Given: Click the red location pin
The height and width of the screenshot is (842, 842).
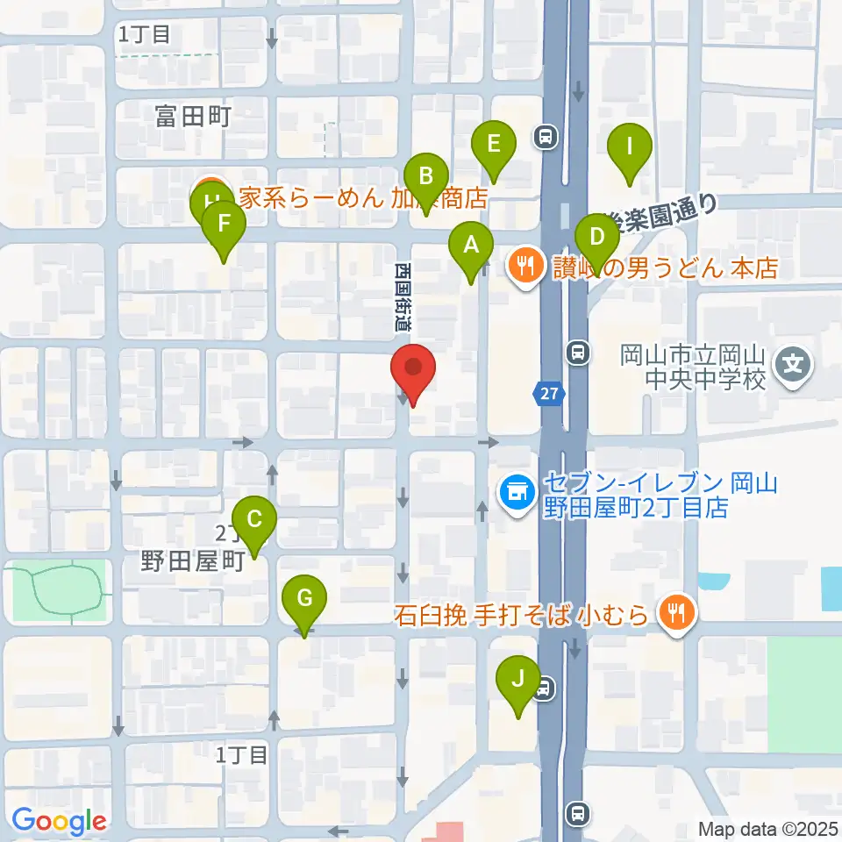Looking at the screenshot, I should coord(412,370).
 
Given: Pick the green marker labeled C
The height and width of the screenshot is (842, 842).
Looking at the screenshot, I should coord(254,520).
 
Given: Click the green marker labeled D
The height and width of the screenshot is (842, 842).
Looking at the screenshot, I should coord(597,238).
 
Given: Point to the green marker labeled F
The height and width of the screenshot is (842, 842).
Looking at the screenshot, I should coord(224,225).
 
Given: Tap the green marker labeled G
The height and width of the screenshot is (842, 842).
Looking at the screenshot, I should coord(304,600).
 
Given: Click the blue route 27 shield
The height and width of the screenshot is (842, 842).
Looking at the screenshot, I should coord(549,394).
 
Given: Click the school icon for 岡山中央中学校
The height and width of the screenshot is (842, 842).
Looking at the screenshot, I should coord(794,360).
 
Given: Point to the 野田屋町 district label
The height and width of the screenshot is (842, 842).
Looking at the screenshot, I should coord(192,562).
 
